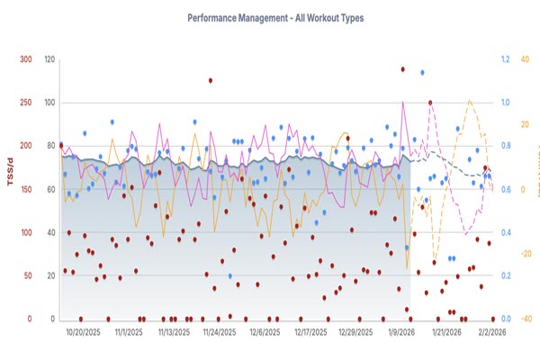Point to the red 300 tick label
click(25, 60)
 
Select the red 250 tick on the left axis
click(25, 103)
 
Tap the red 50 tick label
click(28, 276)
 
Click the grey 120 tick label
click(49, 60)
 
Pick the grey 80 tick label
click(51, 147)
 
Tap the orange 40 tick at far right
click(526, 60)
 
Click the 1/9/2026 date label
click(401, 332)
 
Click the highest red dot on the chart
click(403, 68)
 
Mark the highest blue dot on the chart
click(421, 73)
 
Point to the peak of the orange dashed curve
click(470, 100)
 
